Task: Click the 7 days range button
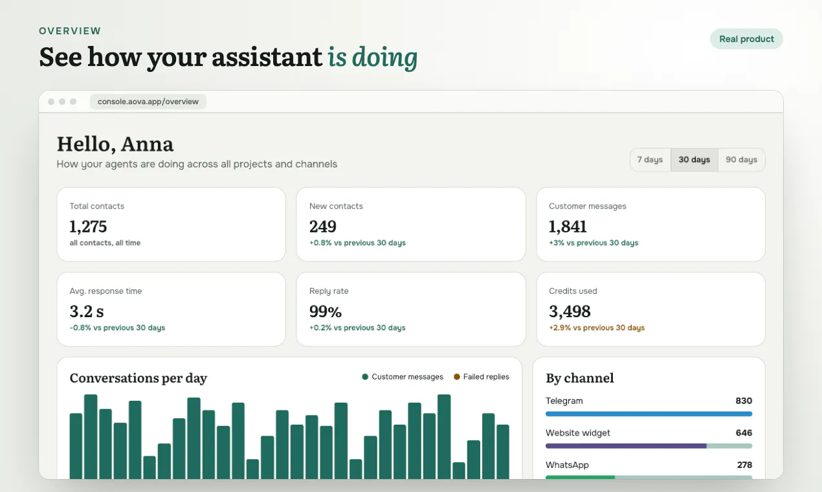(650, 160)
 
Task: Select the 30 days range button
(694, 160)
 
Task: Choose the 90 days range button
(742, 160)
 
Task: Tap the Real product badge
(746, 39)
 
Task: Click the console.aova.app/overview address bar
(148, 102)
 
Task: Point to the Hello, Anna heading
(115, 144)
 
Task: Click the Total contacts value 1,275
(88, 227)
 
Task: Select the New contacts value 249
(322, 227)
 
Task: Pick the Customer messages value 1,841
(568, 227)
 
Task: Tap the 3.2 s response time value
(87, 311)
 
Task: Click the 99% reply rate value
(325, 311)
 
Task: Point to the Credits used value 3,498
(570, 311)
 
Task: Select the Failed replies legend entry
(482, 377)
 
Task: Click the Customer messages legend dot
(365, 377)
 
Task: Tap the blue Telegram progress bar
(649, 414)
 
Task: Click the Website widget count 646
(744, 433)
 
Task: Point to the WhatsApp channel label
(567, 465)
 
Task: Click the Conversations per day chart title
(139, 378)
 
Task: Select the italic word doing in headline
(384, 58)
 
